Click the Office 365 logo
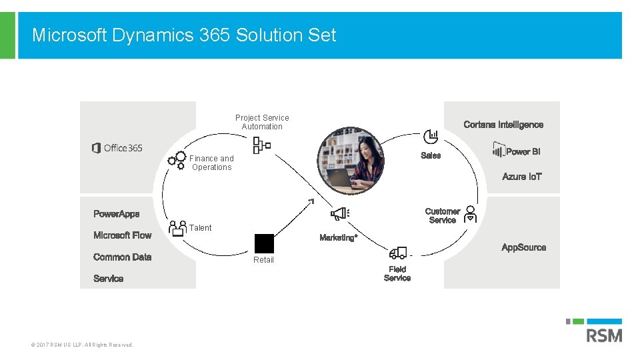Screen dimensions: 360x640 (117, 148)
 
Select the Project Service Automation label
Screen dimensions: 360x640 (262, 122)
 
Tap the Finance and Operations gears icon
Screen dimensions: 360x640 (177, 160)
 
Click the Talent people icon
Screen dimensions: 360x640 (178, 229)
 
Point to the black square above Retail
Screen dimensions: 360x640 (264, 243)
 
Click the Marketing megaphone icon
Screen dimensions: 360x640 (340, 213)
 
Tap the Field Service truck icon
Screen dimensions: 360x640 (398, 252)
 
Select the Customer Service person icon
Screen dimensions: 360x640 (471, 213)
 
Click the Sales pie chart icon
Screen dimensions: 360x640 (431, 137)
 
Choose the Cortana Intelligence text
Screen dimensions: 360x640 (503, 125)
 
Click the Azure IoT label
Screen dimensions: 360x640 (522, 177)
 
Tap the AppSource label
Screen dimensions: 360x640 (523, 247)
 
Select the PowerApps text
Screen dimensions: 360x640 (117, 214)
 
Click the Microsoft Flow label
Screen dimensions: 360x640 (123, 235)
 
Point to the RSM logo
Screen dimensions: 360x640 (603, 334)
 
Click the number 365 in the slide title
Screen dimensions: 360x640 (214, 35)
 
